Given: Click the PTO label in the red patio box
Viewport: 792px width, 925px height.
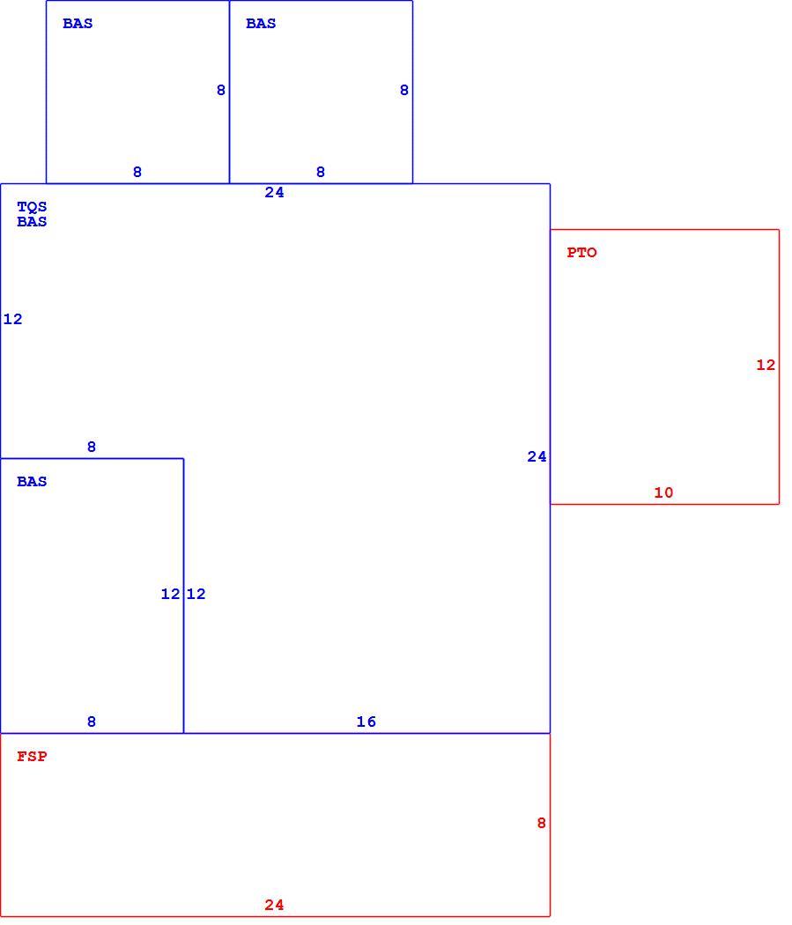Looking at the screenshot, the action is tap(581, 253).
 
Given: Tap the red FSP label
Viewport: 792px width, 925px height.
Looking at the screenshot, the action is tap(32, 756).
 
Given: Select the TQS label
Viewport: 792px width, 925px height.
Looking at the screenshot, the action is tap(32, 207).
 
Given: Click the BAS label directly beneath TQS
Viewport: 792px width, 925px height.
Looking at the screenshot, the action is tap(32, 222).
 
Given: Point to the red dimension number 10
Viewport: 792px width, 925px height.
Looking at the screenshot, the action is tap(663, 492).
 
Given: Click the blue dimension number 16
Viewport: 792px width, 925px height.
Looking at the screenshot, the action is tap(366, 721).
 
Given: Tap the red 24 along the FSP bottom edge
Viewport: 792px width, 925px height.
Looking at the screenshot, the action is tap(274, 905).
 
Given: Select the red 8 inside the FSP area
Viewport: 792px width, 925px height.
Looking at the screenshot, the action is tap(542, 823).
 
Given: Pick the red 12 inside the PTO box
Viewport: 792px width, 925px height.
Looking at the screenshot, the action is tap(766, 366).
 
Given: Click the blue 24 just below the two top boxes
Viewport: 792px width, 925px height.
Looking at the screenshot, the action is tap(274, 192).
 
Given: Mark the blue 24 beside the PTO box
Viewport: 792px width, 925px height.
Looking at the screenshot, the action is tap(537, 456).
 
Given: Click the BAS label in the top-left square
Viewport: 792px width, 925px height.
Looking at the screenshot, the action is tap(78, 24).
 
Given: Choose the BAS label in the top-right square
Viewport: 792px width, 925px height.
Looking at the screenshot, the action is tap(261, 24).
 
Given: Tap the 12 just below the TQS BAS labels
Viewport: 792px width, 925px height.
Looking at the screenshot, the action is tap(13, 319).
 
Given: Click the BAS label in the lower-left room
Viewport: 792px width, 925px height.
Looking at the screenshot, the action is tap(32, 481).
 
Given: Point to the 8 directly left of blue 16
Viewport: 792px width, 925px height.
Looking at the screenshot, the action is tap(92, 721).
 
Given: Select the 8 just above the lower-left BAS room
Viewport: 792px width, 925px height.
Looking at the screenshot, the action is tap(92, 448).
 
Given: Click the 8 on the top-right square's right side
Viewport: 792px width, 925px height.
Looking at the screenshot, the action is tap(404, 90).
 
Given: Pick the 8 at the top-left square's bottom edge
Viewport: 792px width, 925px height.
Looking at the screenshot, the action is tap(137, 173).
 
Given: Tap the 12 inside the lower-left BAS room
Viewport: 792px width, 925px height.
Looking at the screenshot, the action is tap(170, 594).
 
